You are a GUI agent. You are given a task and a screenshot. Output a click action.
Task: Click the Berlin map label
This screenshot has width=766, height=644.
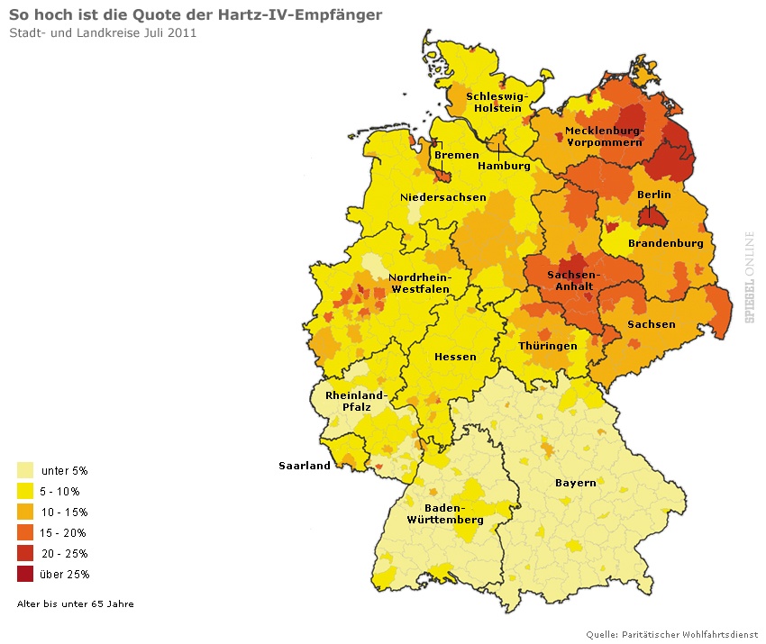(653, 195)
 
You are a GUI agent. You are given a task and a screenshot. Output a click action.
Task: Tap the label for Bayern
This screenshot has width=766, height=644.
(575, 483)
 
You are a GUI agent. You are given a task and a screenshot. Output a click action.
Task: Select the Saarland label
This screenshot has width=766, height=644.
(304, 466)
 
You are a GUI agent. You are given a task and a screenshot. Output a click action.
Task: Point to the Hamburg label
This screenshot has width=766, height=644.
(503, 166)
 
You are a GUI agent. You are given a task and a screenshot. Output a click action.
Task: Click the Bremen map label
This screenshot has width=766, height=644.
(456, 155)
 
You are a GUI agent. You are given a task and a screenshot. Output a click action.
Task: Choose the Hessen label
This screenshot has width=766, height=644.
(455, 357)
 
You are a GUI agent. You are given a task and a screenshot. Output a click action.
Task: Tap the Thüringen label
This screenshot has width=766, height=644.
(548, 346)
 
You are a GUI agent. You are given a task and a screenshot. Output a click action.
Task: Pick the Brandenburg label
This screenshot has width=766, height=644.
(665, 243)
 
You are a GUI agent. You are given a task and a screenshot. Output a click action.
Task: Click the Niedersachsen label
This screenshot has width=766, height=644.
(442, 197)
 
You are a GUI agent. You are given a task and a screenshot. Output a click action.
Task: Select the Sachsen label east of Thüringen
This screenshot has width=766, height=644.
(651, 324)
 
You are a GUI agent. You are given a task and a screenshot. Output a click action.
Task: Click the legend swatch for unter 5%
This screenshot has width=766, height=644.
(25, 470)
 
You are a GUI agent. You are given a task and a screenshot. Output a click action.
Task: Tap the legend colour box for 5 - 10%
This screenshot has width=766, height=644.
(25, 491)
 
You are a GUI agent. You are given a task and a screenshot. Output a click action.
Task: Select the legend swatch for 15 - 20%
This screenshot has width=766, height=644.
(25, 532)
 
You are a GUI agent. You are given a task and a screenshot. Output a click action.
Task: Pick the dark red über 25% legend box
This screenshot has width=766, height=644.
(25, 574)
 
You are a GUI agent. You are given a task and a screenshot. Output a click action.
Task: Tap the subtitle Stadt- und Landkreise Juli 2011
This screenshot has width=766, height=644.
(103, 33)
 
